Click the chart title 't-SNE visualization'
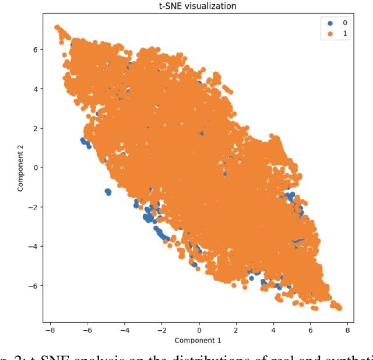(199, 6)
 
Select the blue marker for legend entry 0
(331, 23)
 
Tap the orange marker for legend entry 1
(331, 34)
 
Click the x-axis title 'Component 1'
(199, 340)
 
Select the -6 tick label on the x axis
(87, 329)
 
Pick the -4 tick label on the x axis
(124, 329)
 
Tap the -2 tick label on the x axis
(161, 329)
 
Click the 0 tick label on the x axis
(199, 329)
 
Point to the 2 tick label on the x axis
(237, 329)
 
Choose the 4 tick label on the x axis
(274, 329)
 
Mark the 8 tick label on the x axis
(348, 329)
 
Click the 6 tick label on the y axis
(36, 50)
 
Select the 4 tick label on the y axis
(36, 89)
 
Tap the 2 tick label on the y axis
(36, 128)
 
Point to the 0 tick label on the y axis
(36, 167)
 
